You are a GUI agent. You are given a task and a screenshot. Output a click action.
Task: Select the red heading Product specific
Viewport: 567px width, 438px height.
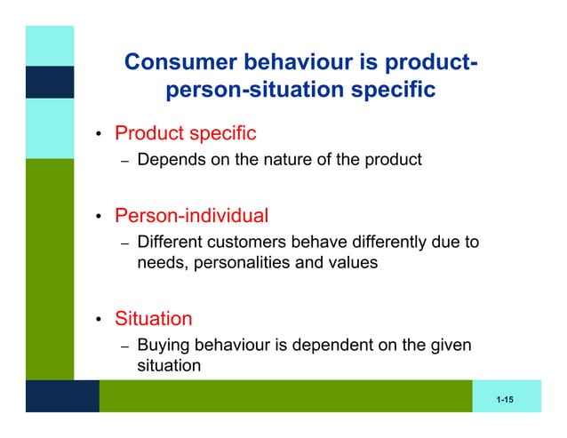coord(186,134)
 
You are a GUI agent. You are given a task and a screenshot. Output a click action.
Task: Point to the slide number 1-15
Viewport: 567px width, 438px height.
coord(506,401)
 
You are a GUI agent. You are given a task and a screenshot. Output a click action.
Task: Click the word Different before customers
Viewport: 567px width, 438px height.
coord(171,242)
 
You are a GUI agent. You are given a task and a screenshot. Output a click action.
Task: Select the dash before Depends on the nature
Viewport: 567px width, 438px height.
coord(125,162)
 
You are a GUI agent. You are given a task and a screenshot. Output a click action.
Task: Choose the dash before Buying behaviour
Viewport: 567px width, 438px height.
coord(125,346)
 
